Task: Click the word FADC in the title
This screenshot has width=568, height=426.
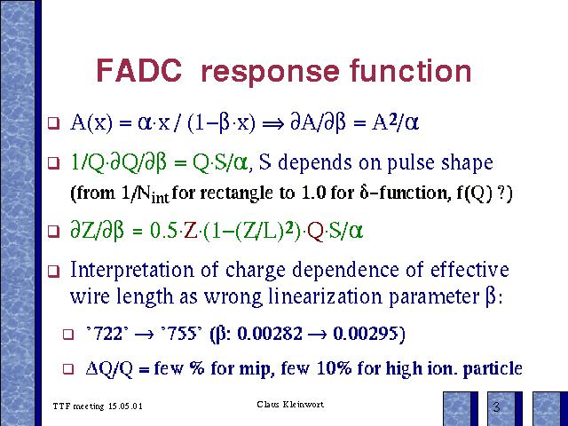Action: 139,70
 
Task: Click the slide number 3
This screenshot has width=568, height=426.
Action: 496,406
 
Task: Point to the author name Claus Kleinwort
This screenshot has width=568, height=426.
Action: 290,404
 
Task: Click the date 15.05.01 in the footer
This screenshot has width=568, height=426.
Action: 125,406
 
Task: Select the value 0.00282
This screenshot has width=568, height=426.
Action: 270,334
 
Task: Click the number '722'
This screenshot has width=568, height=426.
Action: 107,334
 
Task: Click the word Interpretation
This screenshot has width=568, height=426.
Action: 132,270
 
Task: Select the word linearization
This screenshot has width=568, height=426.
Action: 326,296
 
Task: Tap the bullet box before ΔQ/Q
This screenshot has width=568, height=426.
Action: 68,369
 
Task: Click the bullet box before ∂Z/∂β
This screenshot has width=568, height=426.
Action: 53,231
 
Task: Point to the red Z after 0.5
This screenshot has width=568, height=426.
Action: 191,231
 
